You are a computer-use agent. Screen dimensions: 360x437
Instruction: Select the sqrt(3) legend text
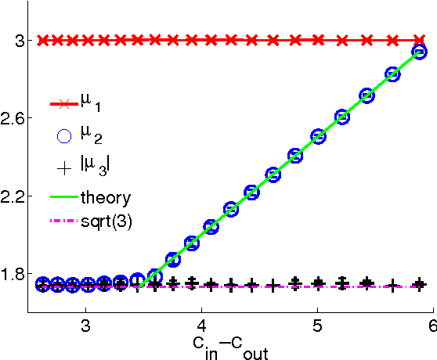113,221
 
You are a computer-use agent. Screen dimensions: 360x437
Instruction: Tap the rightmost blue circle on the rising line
419,52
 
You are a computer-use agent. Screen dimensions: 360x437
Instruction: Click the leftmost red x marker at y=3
44,39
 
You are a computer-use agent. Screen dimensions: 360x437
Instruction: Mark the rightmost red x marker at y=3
419,39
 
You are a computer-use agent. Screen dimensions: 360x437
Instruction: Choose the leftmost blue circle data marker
44,284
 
